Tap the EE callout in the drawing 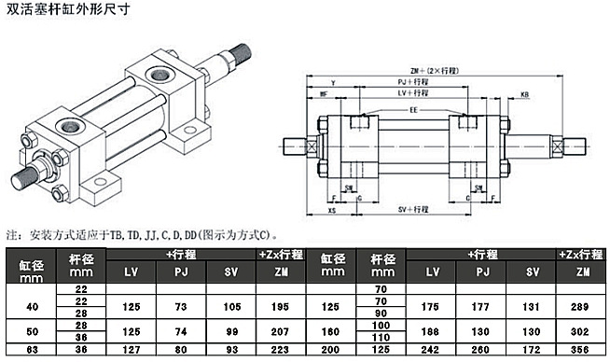point(412,109)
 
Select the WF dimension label point(323,94)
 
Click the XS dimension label point(332,212)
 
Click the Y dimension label point(333,82)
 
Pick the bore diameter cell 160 point(330,329)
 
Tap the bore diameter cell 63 point(32,351)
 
